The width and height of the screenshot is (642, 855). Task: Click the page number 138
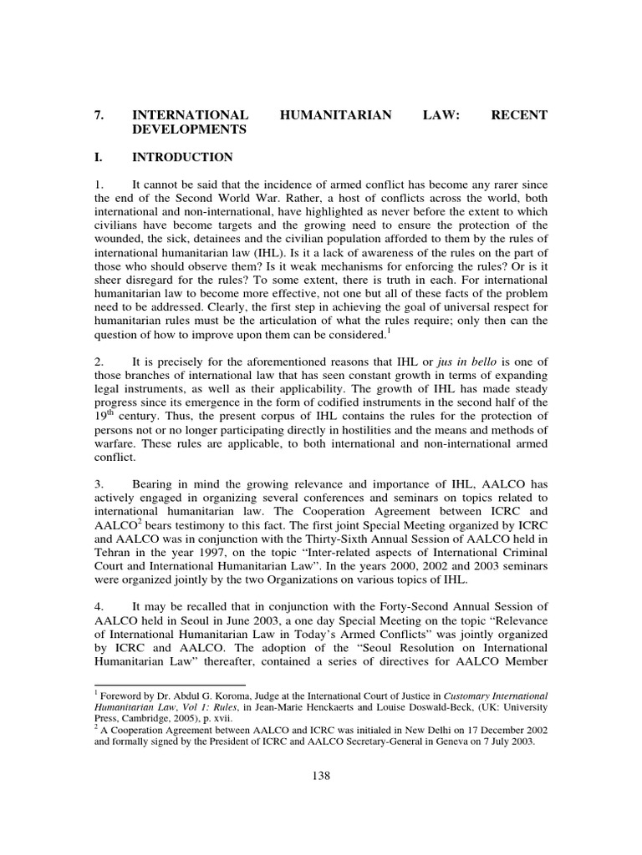click(x=321, y=775)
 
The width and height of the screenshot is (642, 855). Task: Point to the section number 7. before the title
click(x=99, y=115)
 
